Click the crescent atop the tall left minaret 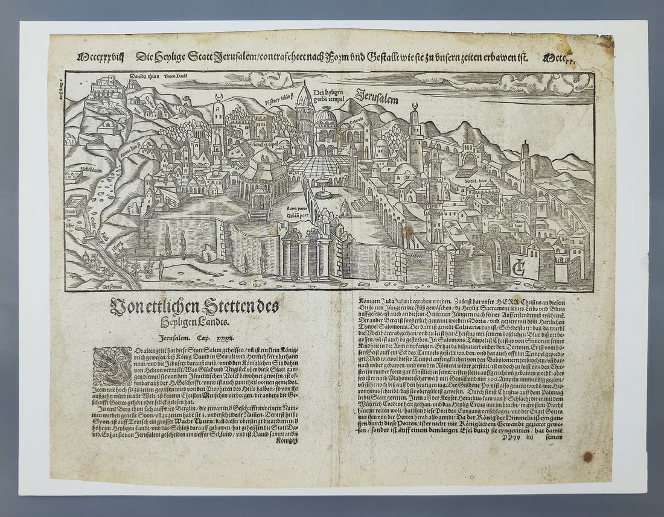click(219, 97)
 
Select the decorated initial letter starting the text click(112, 366)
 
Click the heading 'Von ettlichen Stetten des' click(194, 307)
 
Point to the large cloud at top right click(531, 83)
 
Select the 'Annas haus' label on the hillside click(130, 144)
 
